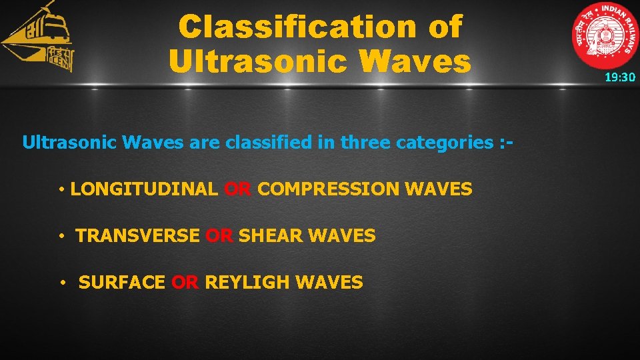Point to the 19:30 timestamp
620,77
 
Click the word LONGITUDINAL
143,189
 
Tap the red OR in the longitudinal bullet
237,189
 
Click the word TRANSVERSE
137,236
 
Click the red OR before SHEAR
219,236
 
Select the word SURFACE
121,283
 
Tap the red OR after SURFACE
185,283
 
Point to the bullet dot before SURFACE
62,283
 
